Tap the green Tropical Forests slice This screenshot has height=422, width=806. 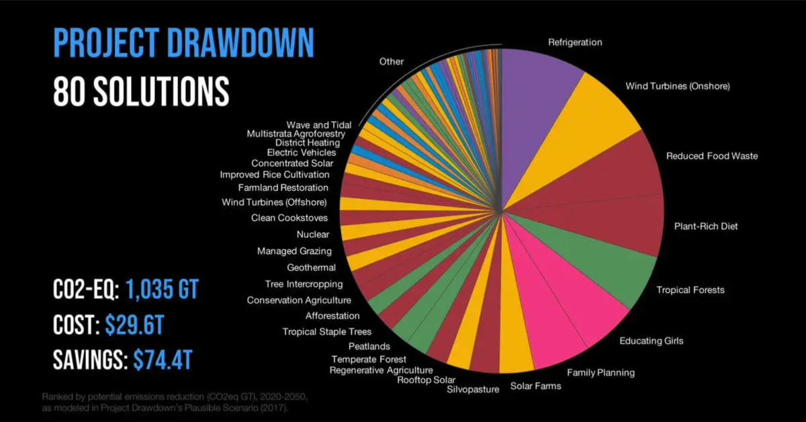point(604,269)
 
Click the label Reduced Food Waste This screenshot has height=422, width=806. point(711,156)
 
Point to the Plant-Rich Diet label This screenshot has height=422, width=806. point(705,226)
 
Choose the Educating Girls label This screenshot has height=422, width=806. point(651,341)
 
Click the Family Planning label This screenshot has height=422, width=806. point(600,372)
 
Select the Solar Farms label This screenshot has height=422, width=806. point(535,386)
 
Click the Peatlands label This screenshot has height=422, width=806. point(369,346)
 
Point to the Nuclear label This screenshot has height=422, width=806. point(313,235)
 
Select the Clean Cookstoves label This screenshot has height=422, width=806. point(289,218)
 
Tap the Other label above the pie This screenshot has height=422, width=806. point(392,62)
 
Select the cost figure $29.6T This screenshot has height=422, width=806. point(134,326)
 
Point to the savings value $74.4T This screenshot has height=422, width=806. point(163,360)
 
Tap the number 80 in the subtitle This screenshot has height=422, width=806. point(70,90)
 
